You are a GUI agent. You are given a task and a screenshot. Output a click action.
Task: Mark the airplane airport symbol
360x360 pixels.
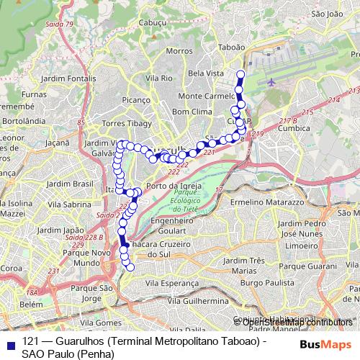(x=271, y=82)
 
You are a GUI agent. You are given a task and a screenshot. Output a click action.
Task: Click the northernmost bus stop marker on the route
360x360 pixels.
(x=240, y=74)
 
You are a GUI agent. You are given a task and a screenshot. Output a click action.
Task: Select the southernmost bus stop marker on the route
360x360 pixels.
(x=130, y=268)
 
